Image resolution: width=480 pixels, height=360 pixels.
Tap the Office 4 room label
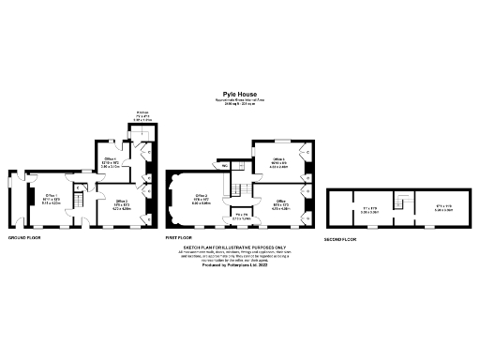pyautogui.click(x=278, y=161)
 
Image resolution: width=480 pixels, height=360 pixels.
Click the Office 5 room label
pyautogui.click(x=280, y=202)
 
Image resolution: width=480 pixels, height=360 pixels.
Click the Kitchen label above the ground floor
pyautogui.click(x=142, y=112)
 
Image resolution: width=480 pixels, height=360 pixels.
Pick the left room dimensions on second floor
pyautogui.click(x=369, y=209)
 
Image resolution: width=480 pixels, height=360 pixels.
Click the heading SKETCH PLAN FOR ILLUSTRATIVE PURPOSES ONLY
pyautogui.click(x=239, y=247)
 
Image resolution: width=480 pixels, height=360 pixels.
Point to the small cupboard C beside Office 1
pyautogui.click(x=81, y=187)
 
